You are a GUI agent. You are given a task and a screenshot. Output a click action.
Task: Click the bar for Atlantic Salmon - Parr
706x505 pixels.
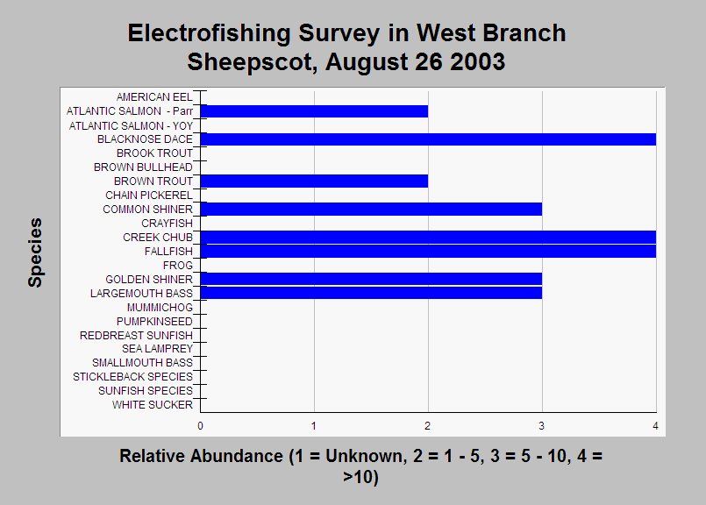coord(314,111)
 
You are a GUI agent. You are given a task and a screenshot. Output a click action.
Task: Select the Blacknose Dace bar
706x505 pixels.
coord(428,139)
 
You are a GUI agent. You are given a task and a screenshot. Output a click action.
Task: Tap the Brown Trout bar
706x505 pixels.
coord(314,181)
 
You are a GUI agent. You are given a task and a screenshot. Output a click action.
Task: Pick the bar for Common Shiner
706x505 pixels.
coord(372,210)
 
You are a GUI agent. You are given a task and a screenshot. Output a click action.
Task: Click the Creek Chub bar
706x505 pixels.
coord(428,238)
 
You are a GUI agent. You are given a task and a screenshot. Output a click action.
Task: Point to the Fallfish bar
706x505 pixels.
coord(428,251)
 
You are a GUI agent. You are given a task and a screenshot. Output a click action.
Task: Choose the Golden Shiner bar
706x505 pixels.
coord(372,279)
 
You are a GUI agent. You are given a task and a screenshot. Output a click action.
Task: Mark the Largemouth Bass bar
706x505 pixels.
coord(372,293)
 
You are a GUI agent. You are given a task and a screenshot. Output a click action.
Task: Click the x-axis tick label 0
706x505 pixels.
coord(200,426)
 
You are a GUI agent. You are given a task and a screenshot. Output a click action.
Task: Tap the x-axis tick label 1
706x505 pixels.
coord(314,426)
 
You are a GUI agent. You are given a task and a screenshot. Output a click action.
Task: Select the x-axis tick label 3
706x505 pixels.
coord(542,426)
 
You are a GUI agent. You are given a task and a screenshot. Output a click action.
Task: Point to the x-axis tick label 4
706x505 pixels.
coord(656,426)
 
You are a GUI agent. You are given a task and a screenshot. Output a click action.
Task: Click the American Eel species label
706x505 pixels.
coord(154,97)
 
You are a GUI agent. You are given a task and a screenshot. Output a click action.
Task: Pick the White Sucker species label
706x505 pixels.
coord(153,405)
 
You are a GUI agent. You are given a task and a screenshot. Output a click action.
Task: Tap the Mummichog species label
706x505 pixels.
coord(160,308)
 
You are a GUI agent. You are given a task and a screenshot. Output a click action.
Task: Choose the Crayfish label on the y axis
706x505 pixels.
coord(167,224)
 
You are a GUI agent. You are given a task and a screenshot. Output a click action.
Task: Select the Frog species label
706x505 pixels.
coord(178,266)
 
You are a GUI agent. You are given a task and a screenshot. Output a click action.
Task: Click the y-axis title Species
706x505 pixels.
coord(35,253)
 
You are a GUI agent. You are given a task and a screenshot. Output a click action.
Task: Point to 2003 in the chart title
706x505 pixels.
coord(478,61)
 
